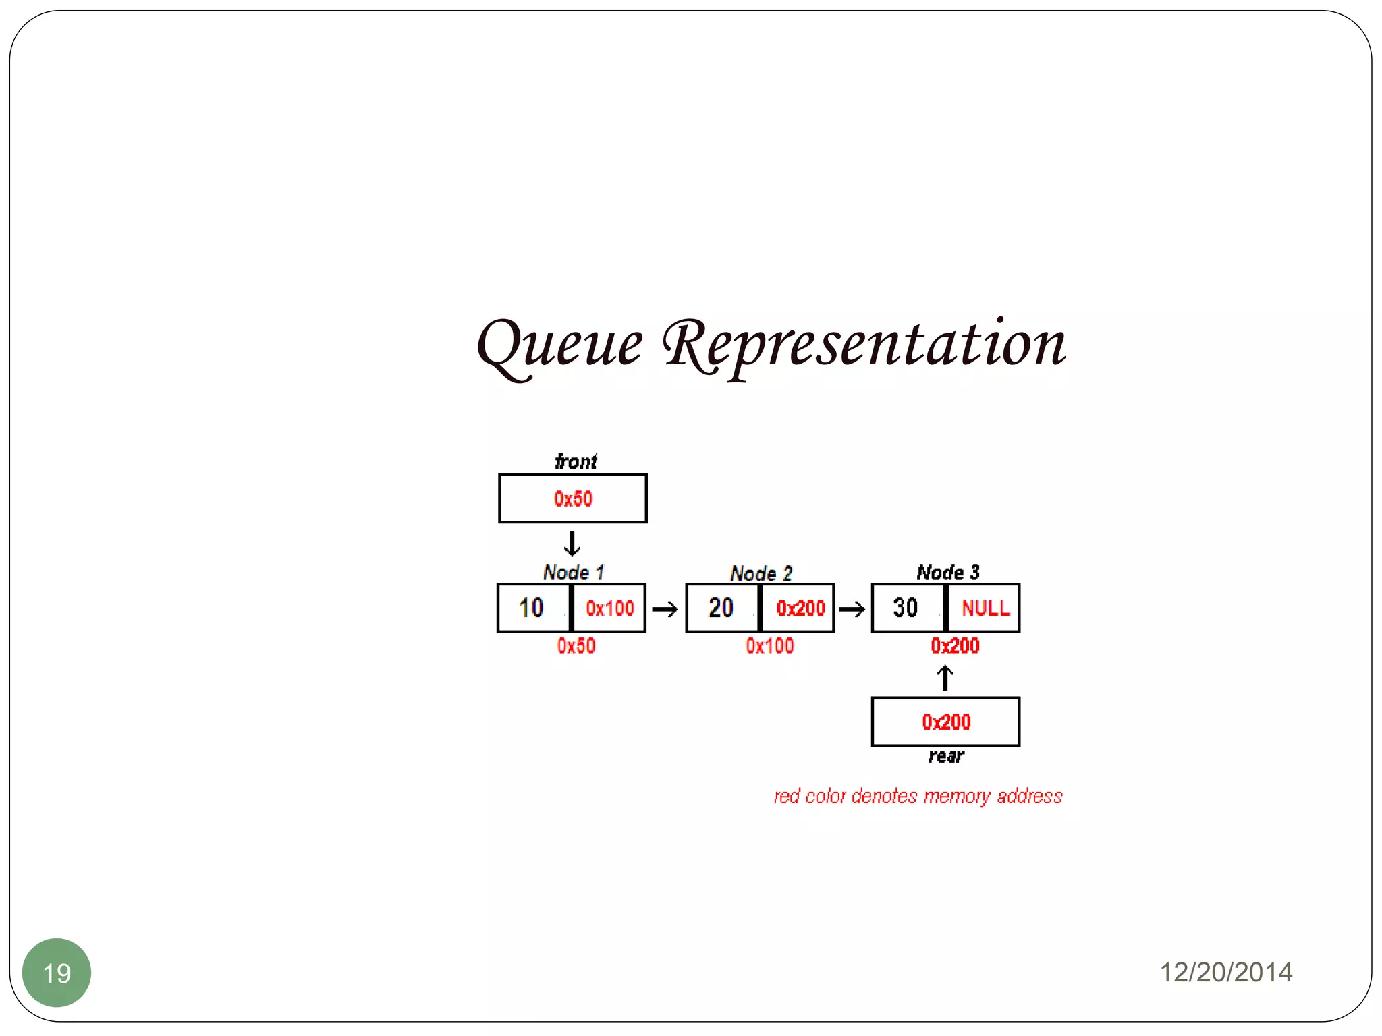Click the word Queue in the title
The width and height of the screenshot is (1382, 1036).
pyautogui.click(x=559, y=345)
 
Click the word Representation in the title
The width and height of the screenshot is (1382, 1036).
pyautogui.click(x=864, y=345)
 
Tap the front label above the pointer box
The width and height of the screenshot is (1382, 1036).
pyautogui.click(x=576, y=461)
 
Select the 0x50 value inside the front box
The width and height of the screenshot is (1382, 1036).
pyautogui.click(x=573, y=499)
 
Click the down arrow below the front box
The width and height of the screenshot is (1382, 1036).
pyautogui.click(x=572, y=544)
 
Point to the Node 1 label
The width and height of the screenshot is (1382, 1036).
pyautogui.click(x=574, y=573)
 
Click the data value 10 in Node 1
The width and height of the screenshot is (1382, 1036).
pyautogui.click(x=531, y=608)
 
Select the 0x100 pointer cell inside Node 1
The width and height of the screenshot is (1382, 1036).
pyautogui.click(x=609, y=608)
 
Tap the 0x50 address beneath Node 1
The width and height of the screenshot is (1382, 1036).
pyautogui.click(x=576, y=646)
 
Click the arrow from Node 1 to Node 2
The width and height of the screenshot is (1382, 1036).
pyautogui.click(x=665, y=610)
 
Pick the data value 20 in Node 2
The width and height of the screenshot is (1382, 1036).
pyautogui.click(x=721, y=608)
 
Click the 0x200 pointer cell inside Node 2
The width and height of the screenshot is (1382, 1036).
pyautogui.click(x=800, y=608)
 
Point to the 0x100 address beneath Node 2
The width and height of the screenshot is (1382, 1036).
pyautogui.click(x=770, y=646)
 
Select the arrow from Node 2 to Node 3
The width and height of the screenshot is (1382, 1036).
pyautogui.click(x=852, y=610)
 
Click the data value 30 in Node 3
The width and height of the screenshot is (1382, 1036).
pyautogui.click(x=906, y=608)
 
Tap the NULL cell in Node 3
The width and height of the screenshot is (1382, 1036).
pyautogui.click(x=985, y=608)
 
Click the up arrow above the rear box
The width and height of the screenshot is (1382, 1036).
pyautogui.click(x=945, y=678)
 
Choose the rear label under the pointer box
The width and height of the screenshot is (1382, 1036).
pyautogui.click(x=946, y=756)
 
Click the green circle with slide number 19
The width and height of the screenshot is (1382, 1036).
pyautogui.click(x=57, y=973)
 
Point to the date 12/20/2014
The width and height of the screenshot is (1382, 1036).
pyautogui.click(x=1225, y=973)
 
